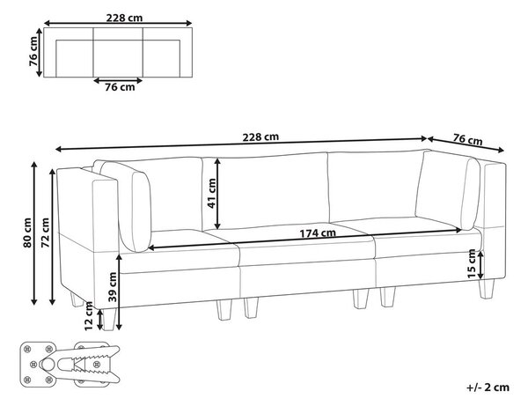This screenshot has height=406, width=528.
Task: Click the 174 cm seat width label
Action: point(318,233)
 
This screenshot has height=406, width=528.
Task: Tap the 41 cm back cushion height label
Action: point(212,194)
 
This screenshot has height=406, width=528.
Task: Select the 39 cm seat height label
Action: point(113,287)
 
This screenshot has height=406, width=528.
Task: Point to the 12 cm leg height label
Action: point(89,316)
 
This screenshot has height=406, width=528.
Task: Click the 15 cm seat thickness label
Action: point(472,264)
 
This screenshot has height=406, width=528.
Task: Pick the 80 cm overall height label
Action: point(27,233)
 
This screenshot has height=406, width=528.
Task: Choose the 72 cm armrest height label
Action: point(45,233)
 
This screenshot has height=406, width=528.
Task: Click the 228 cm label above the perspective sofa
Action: point(260,137)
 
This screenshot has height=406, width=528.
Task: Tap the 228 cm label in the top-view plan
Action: point(124,18)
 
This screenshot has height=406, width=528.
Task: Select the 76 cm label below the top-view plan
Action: point(120,87)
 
